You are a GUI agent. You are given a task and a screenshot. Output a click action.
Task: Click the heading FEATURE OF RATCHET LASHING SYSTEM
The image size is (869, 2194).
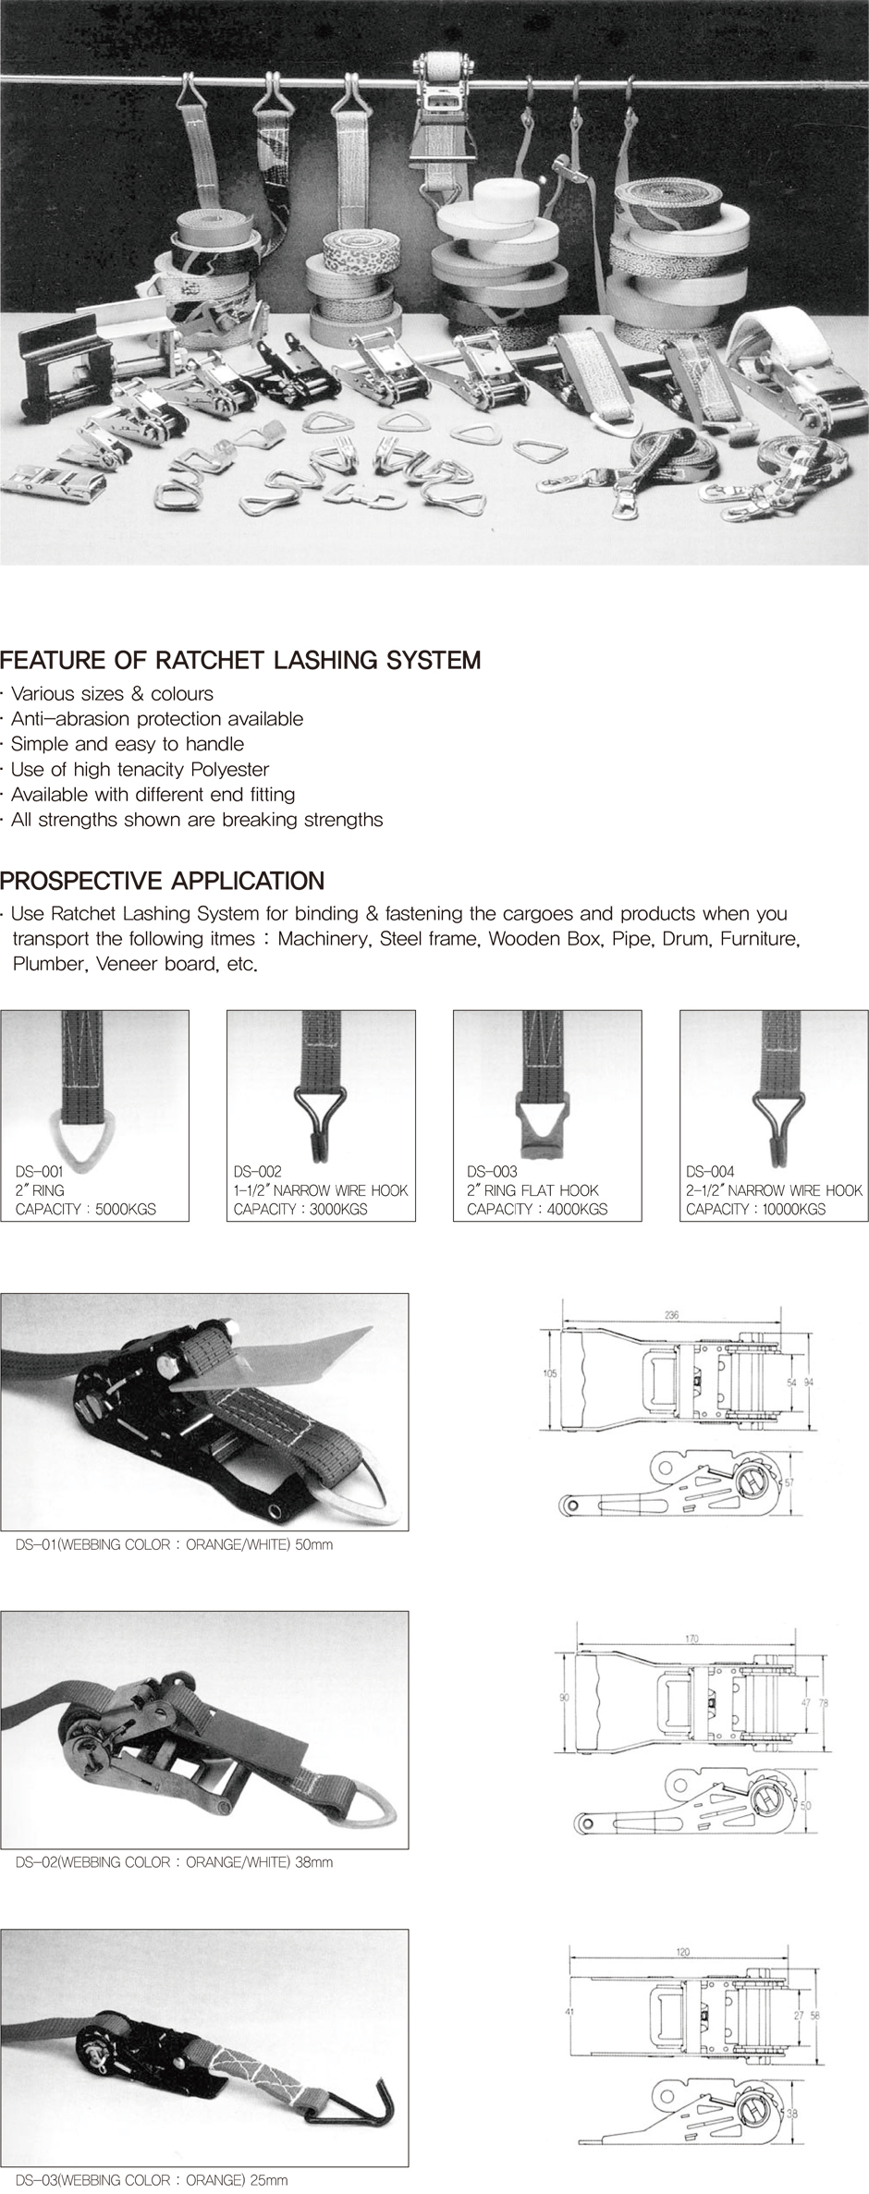(240, 661)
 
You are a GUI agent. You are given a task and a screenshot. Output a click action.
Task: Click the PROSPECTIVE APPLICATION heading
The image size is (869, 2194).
(163, 880)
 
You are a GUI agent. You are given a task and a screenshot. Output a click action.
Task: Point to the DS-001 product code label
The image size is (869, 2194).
(40, 1172)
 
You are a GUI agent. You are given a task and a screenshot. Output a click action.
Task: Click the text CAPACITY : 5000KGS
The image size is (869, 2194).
(86, 1209)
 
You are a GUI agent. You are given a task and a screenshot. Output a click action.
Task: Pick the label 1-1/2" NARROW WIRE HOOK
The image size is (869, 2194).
(321, 1190)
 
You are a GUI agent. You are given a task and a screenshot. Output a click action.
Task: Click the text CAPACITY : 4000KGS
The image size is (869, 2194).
(537, 1209)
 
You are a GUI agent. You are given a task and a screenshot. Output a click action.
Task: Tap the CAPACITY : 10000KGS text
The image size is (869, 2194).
(756, 1209)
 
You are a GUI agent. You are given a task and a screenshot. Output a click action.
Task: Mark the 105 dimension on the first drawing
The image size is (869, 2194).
(549, 1373)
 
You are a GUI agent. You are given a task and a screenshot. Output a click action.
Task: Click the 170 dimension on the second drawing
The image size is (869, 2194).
(692, 1639)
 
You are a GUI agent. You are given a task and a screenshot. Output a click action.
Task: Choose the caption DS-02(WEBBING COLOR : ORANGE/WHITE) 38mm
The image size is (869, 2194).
(175, 1861)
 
